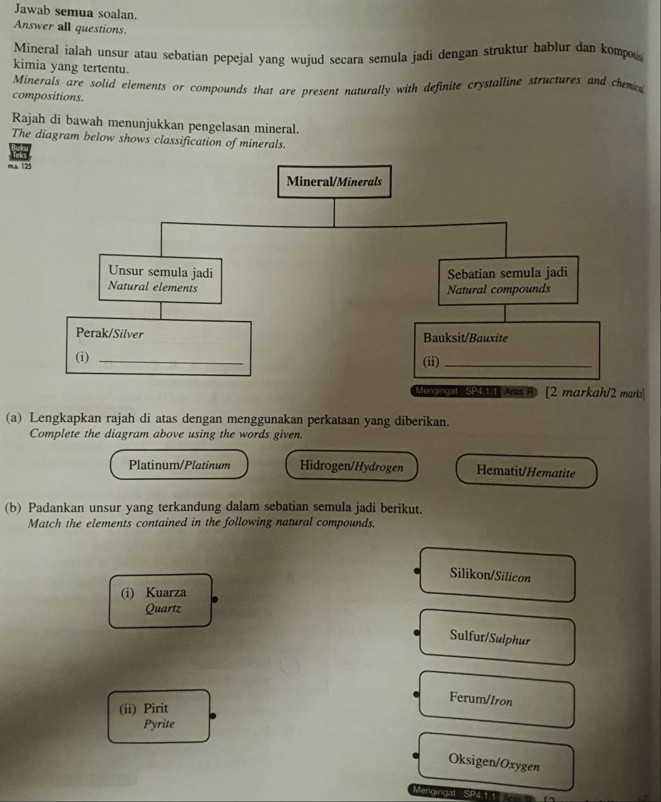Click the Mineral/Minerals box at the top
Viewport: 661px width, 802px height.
point(334,182)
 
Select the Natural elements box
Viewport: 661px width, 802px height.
point(160,279)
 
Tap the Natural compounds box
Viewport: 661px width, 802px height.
point(507,281)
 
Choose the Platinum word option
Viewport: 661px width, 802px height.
point(179,465)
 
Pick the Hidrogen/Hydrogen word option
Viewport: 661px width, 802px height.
point(351,467)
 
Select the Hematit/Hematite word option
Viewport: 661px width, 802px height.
point(526,472)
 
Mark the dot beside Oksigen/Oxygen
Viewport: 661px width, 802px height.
point(416,755)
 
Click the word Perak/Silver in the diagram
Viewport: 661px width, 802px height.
point(110,334)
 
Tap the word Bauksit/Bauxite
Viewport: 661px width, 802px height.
point(465,338)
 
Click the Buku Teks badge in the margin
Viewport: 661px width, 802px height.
point(19,152)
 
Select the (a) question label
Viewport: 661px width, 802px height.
point(16,418)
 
